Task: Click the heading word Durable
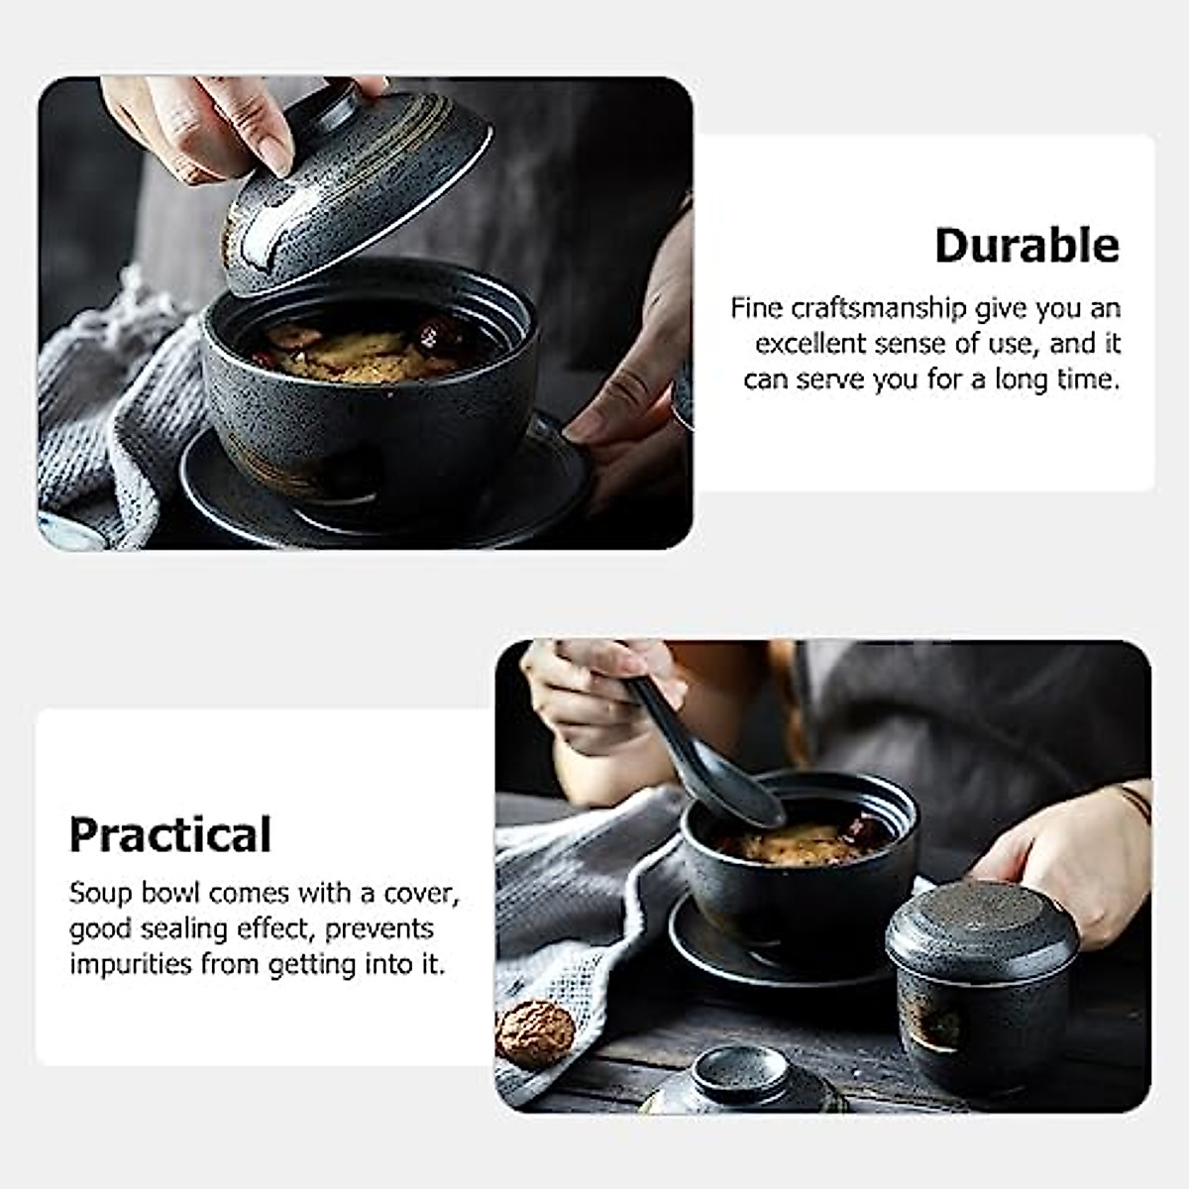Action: click(x=1027, y=246)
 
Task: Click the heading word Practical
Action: click(x=169, y=835)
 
